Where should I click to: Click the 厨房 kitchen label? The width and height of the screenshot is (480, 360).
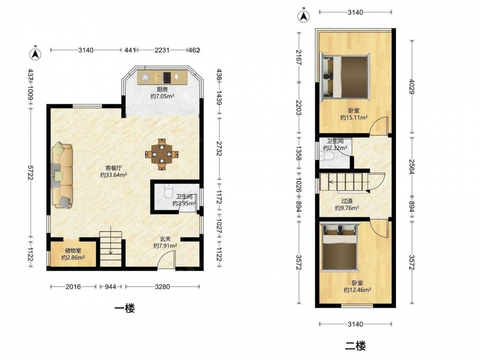[x=162, y=90]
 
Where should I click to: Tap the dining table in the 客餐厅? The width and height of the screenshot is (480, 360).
[x=162, y=154]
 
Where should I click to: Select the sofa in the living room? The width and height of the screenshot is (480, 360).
[x=62, y=176]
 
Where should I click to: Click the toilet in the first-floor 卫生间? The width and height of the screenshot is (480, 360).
[x=169, y=191]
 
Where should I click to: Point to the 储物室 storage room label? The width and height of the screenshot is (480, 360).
[x=73, y=251]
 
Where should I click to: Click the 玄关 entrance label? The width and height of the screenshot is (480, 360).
[x=165, y=239]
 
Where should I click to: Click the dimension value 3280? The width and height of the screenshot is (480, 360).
[x=162, y=287]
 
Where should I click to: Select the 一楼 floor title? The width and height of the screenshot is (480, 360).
[x=125, y=308]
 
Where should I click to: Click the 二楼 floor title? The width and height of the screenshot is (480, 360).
[x=355, y=346]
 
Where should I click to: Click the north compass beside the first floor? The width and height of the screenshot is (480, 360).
[x=35, y=53]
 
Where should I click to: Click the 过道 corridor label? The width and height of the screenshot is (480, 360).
[x=347, y=201]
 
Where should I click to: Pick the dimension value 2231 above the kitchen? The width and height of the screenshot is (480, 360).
[x=162, y=50]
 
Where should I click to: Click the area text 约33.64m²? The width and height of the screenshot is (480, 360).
[x=114, y=175]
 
